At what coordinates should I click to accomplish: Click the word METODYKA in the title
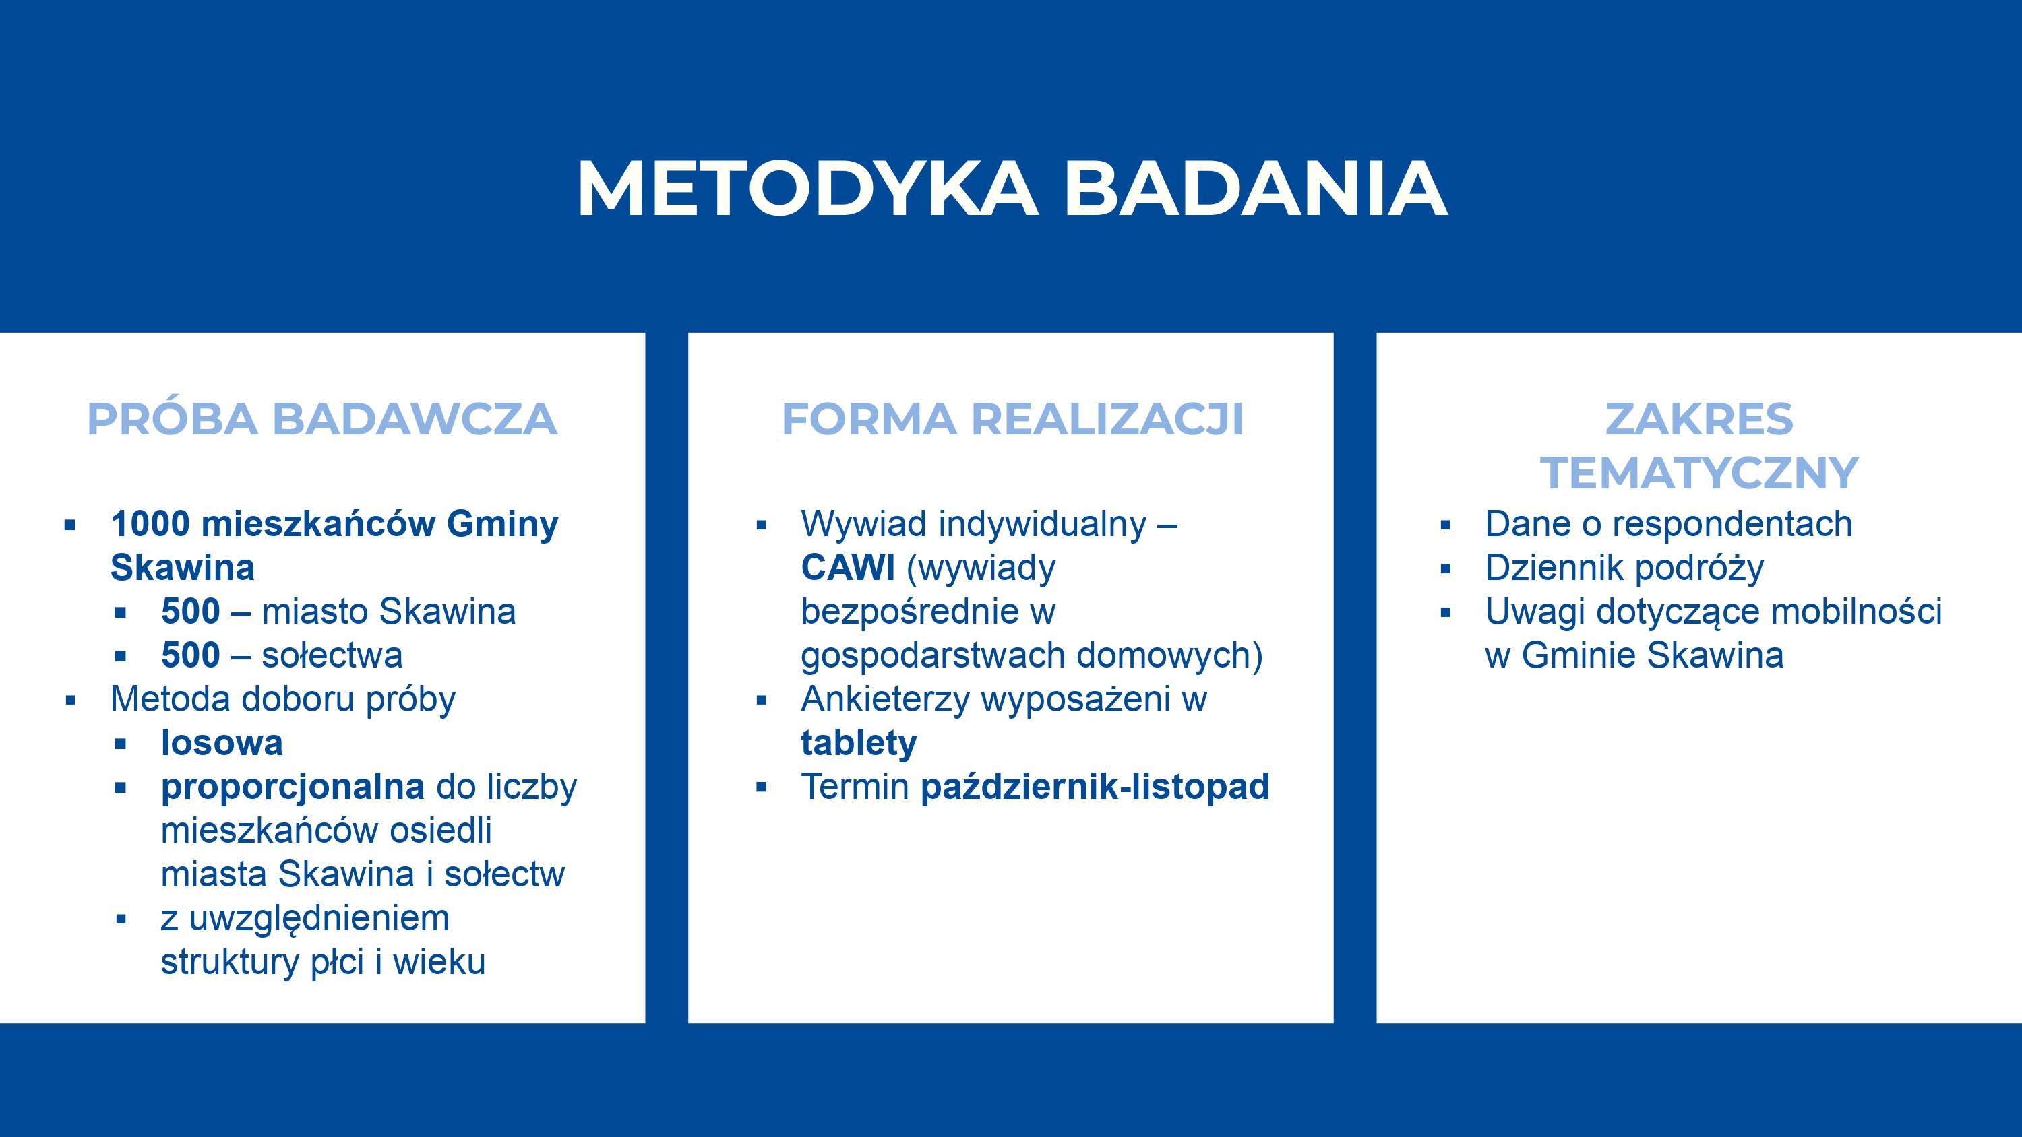pos(807,189)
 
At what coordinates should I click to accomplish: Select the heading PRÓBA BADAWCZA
pos(321,419)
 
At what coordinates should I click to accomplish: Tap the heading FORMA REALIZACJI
pos(1012,419)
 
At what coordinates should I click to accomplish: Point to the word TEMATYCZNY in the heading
pos(1699,472)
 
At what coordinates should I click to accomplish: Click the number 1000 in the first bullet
pos(150,523)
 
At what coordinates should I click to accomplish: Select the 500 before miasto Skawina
pos(190,611)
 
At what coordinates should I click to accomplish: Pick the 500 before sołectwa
pos(190,655)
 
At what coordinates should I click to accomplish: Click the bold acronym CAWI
pos(848,567)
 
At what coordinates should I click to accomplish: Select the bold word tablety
pos(859,744)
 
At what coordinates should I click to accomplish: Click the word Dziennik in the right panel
pos(1558,567)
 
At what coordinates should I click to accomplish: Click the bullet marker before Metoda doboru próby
pos(71,700)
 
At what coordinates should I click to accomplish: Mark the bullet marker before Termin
pos(760,787)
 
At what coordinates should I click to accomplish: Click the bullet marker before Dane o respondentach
pos(1445,525)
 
